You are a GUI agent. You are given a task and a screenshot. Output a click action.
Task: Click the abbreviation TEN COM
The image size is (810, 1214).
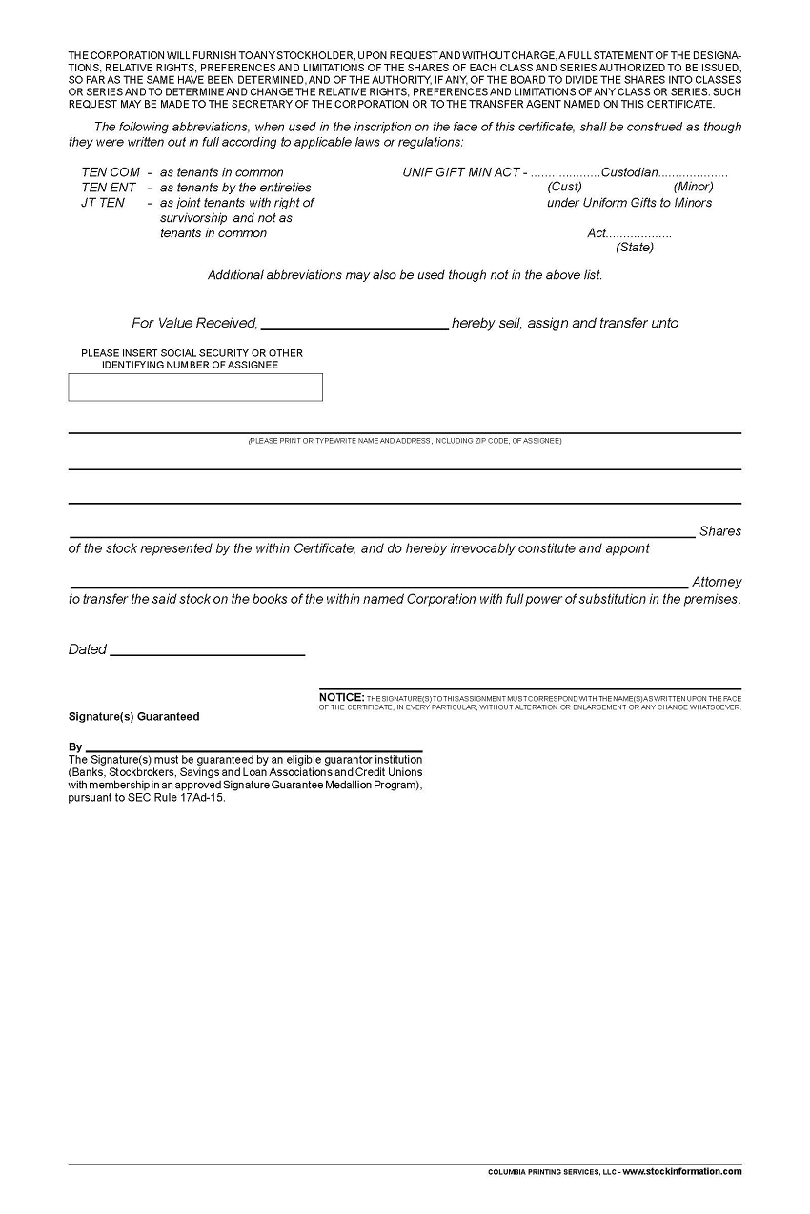(111, 172)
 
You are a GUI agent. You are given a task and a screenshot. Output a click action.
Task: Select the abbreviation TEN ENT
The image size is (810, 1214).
(109, 188)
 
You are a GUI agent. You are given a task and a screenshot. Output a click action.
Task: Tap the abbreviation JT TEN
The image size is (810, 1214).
(103, 203)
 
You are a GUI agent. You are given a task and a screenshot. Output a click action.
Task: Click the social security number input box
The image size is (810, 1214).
(195, 388)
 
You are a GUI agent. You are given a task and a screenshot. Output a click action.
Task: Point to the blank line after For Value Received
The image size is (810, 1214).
(354, 324)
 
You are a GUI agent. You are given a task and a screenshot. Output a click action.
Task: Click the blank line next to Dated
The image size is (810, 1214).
(208, 650)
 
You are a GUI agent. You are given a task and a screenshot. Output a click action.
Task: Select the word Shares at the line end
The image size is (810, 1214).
(719, 531)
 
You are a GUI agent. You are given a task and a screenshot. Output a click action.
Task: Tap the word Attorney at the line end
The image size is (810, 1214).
(717, 582)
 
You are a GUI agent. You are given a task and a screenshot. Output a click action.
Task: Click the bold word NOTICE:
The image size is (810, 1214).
(341, 698)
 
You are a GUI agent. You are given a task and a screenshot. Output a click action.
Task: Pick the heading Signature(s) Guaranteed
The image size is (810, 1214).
(134, 717)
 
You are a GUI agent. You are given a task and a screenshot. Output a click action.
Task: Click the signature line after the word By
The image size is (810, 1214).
(253, 747)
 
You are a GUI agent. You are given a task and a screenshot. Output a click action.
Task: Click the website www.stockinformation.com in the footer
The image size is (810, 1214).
(682, 1172)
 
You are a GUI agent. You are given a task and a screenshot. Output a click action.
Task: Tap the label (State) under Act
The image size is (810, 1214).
(635, 248)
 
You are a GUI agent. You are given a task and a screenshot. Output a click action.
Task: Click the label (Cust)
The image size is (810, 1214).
(565, 187)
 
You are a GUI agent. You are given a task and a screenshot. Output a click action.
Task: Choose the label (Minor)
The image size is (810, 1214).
(693, 187)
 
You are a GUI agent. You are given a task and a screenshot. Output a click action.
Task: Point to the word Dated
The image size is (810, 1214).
(87, 649)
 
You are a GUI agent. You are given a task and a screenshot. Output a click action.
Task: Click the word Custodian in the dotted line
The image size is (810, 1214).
(630, 172)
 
